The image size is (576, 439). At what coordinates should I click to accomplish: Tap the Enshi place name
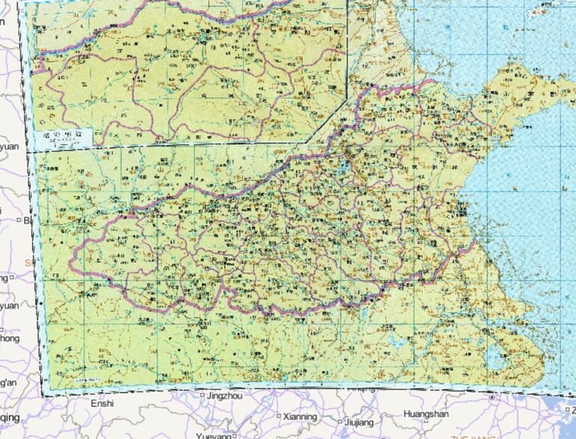pyautogui.click(x=102, y=404)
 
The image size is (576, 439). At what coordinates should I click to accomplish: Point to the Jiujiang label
pyautogui.click(x=359, y=422)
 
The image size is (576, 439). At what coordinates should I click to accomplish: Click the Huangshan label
pyautogui.click(x=426, y=413)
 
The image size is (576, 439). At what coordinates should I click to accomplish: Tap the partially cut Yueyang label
pyautogui.click(x=214, y=435)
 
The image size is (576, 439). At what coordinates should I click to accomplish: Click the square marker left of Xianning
pyautogui.click(x=279, y=416)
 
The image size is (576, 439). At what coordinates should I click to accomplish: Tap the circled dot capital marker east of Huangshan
pyautogui.click(x=492, y=396)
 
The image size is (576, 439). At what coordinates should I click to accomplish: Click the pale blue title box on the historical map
pyautogui.click(x=64, y=137)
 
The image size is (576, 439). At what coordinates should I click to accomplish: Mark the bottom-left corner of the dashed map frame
pyautogui.click(x=43, y=393)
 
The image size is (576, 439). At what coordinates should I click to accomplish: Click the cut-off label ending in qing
pyautogui.click(x=10, y=417)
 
